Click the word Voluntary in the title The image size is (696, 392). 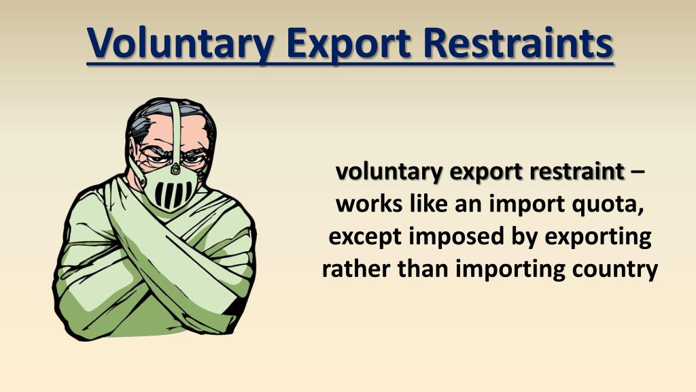point(179,42)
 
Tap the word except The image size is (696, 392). point(365,238)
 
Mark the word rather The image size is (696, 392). point(354,269)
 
